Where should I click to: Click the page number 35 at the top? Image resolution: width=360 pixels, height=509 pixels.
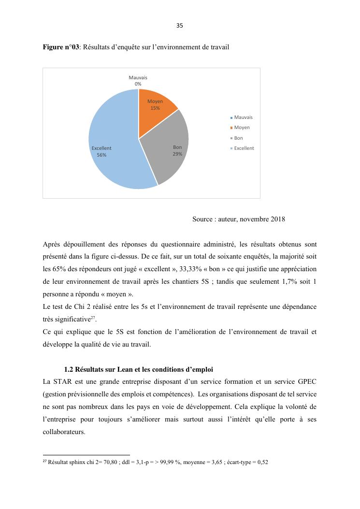(180, 26)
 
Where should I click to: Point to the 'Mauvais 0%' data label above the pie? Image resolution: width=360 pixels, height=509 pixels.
(138, 81)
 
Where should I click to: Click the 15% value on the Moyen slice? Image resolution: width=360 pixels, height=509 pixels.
(155, 108)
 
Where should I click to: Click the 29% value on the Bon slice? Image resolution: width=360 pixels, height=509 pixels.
(177, 154)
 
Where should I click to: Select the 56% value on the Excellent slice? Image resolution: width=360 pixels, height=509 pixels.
(101, 155)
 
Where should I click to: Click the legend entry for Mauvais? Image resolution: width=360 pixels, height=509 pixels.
(243, 117)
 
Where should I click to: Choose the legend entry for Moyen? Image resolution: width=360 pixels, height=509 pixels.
(241, 128)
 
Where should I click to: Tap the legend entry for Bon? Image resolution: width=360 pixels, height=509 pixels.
(238, 138)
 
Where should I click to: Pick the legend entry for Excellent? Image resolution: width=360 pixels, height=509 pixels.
(243, 148)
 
